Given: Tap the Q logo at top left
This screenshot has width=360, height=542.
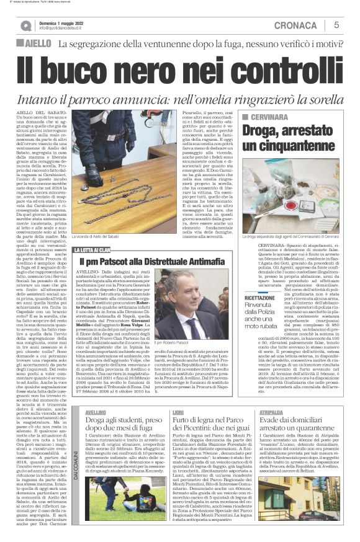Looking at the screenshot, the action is coord(25,25).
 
